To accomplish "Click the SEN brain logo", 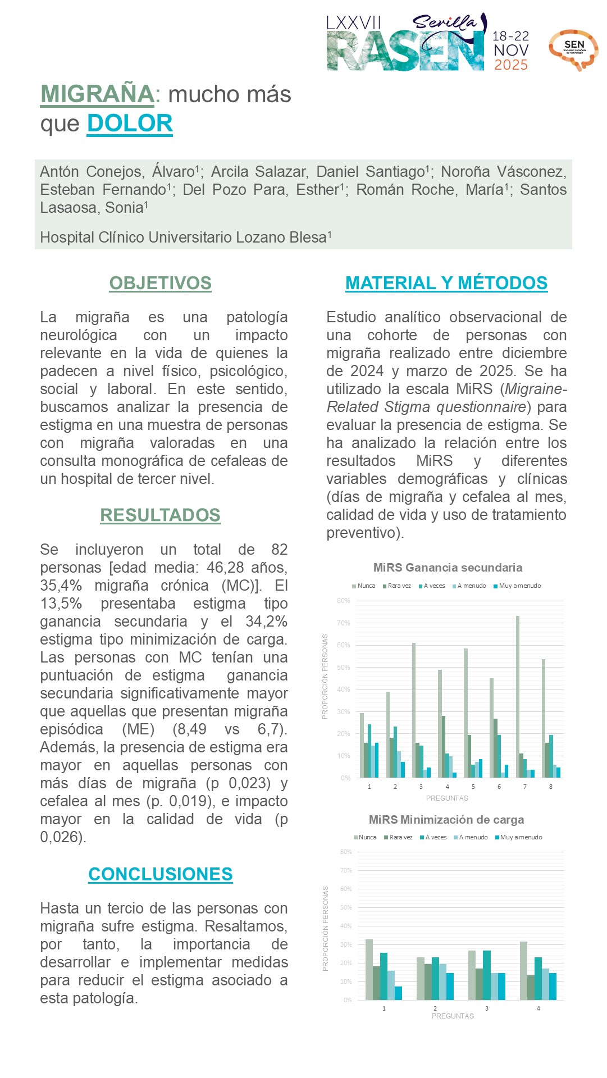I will point(573,49).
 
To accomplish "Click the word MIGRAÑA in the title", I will point(97,94).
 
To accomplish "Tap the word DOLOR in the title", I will point(130,124).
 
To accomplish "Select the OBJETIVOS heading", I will point(160,283).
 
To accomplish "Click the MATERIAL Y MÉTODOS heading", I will point(446,283).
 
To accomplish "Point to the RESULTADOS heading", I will point(160,515).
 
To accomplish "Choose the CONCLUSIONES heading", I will point(161,874).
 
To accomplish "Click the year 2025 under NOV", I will point(511,65).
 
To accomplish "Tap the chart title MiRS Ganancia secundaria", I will point(448,568).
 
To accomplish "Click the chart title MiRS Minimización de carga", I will point(446,820).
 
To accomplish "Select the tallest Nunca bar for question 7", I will point(518,696).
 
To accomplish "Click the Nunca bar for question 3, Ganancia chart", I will point(414,710).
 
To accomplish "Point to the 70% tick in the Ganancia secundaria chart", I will point(343,623).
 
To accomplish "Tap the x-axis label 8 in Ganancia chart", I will point(551,787).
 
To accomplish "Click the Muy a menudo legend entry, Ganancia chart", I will point(517,586).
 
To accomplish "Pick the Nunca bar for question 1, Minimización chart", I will point(369,969).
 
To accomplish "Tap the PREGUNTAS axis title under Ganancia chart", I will point(447,798).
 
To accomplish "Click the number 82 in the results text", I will point(279,550).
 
